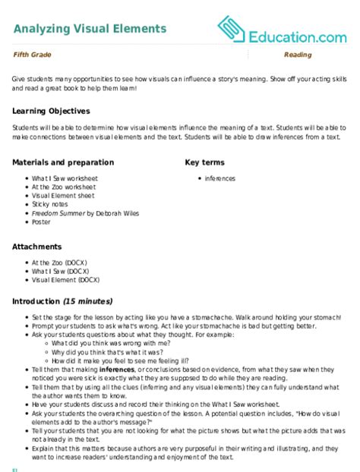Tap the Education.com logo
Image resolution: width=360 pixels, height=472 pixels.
coord(281,30)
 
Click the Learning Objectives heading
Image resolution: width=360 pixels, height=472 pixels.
coord(52,111)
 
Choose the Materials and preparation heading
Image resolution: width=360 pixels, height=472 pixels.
coord(64,162)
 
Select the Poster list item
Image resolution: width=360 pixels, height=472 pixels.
coord(41,222)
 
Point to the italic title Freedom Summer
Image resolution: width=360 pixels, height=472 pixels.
coord(58,213)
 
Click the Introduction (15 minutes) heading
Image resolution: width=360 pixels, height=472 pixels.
coord(62,301)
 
